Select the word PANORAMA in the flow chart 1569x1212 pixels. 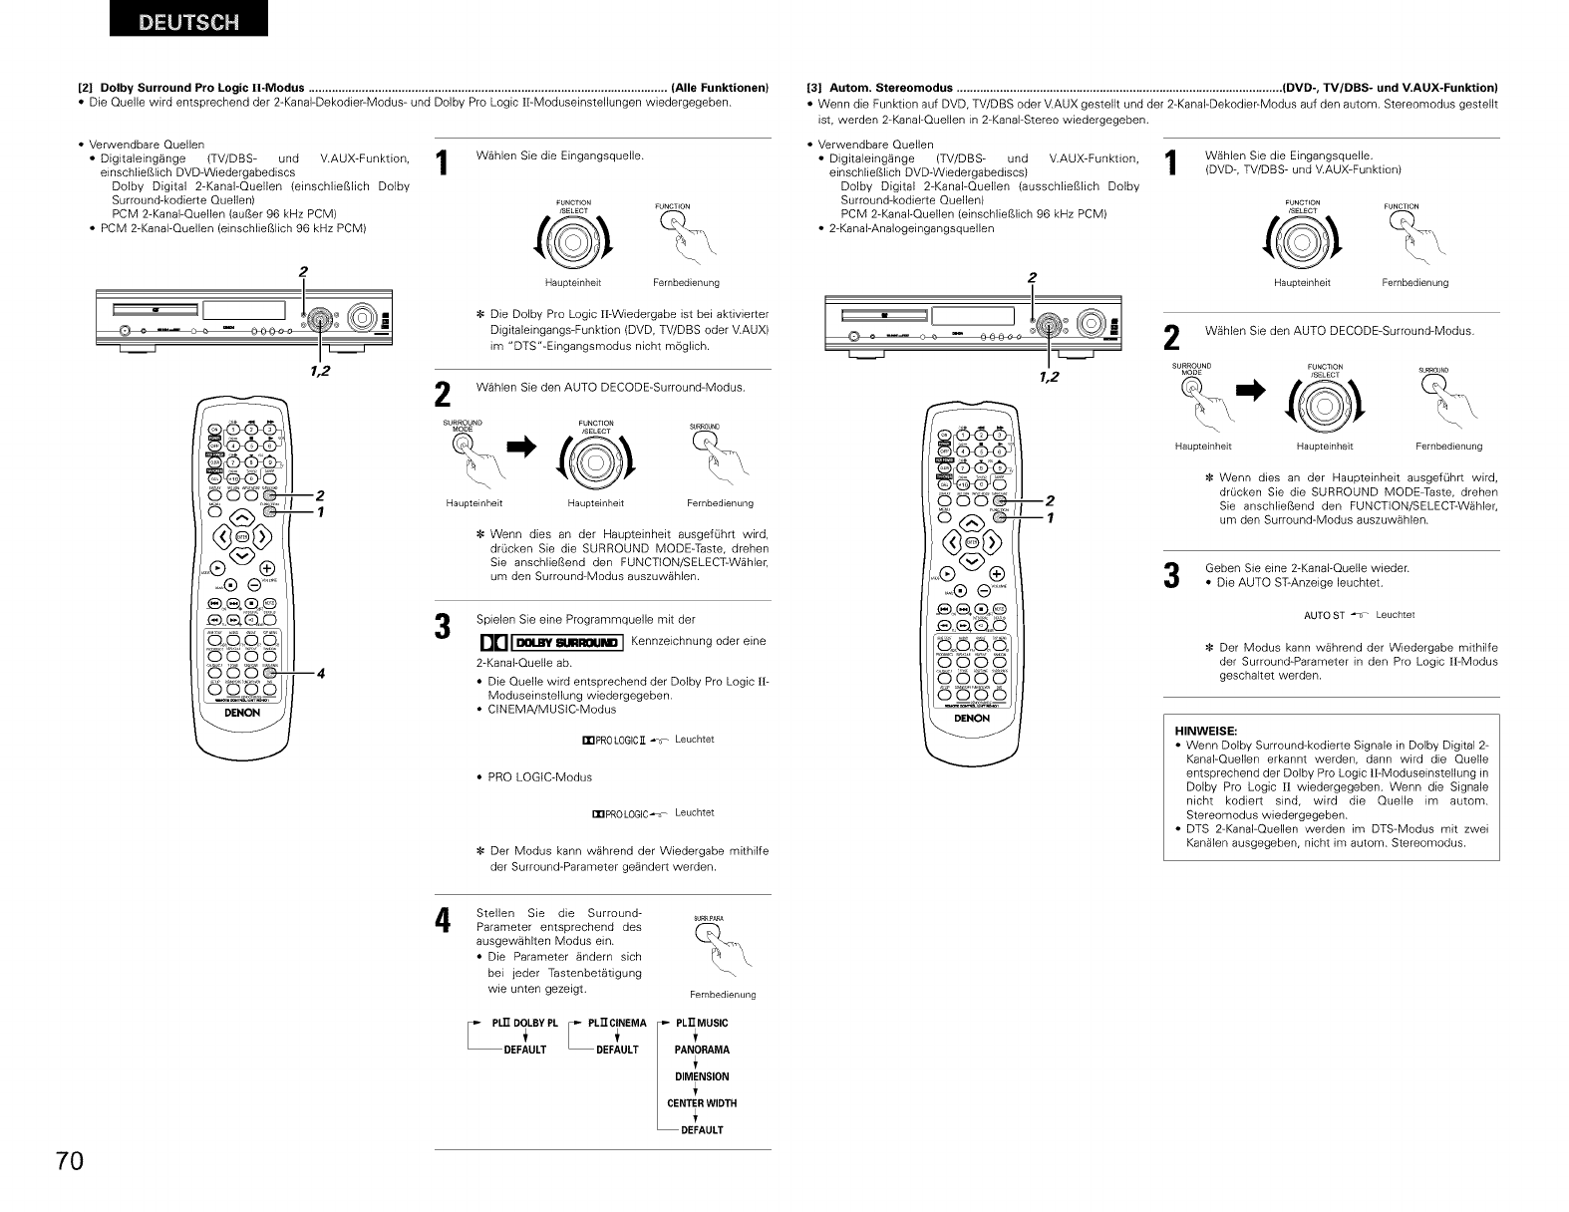pos(702,1050)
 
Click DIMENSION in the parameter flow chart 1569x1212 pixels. pos(702,1076)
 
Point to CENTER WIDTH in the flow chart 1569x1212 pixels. pos(702,1103)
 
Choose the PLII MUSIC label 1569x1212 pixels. pos(702,1023)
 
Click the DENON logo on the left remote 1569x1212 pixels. pos(242,713)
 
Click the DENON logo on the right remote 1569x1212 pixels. pos(972,718)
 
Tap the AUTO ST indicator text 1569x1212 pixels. pos(1325,615)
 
